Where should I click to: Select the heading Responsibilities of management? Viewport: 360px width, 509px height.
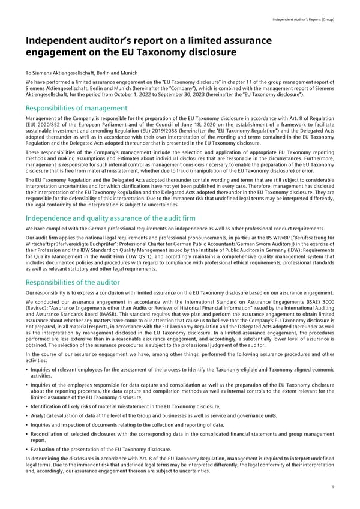coord(76,108)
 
